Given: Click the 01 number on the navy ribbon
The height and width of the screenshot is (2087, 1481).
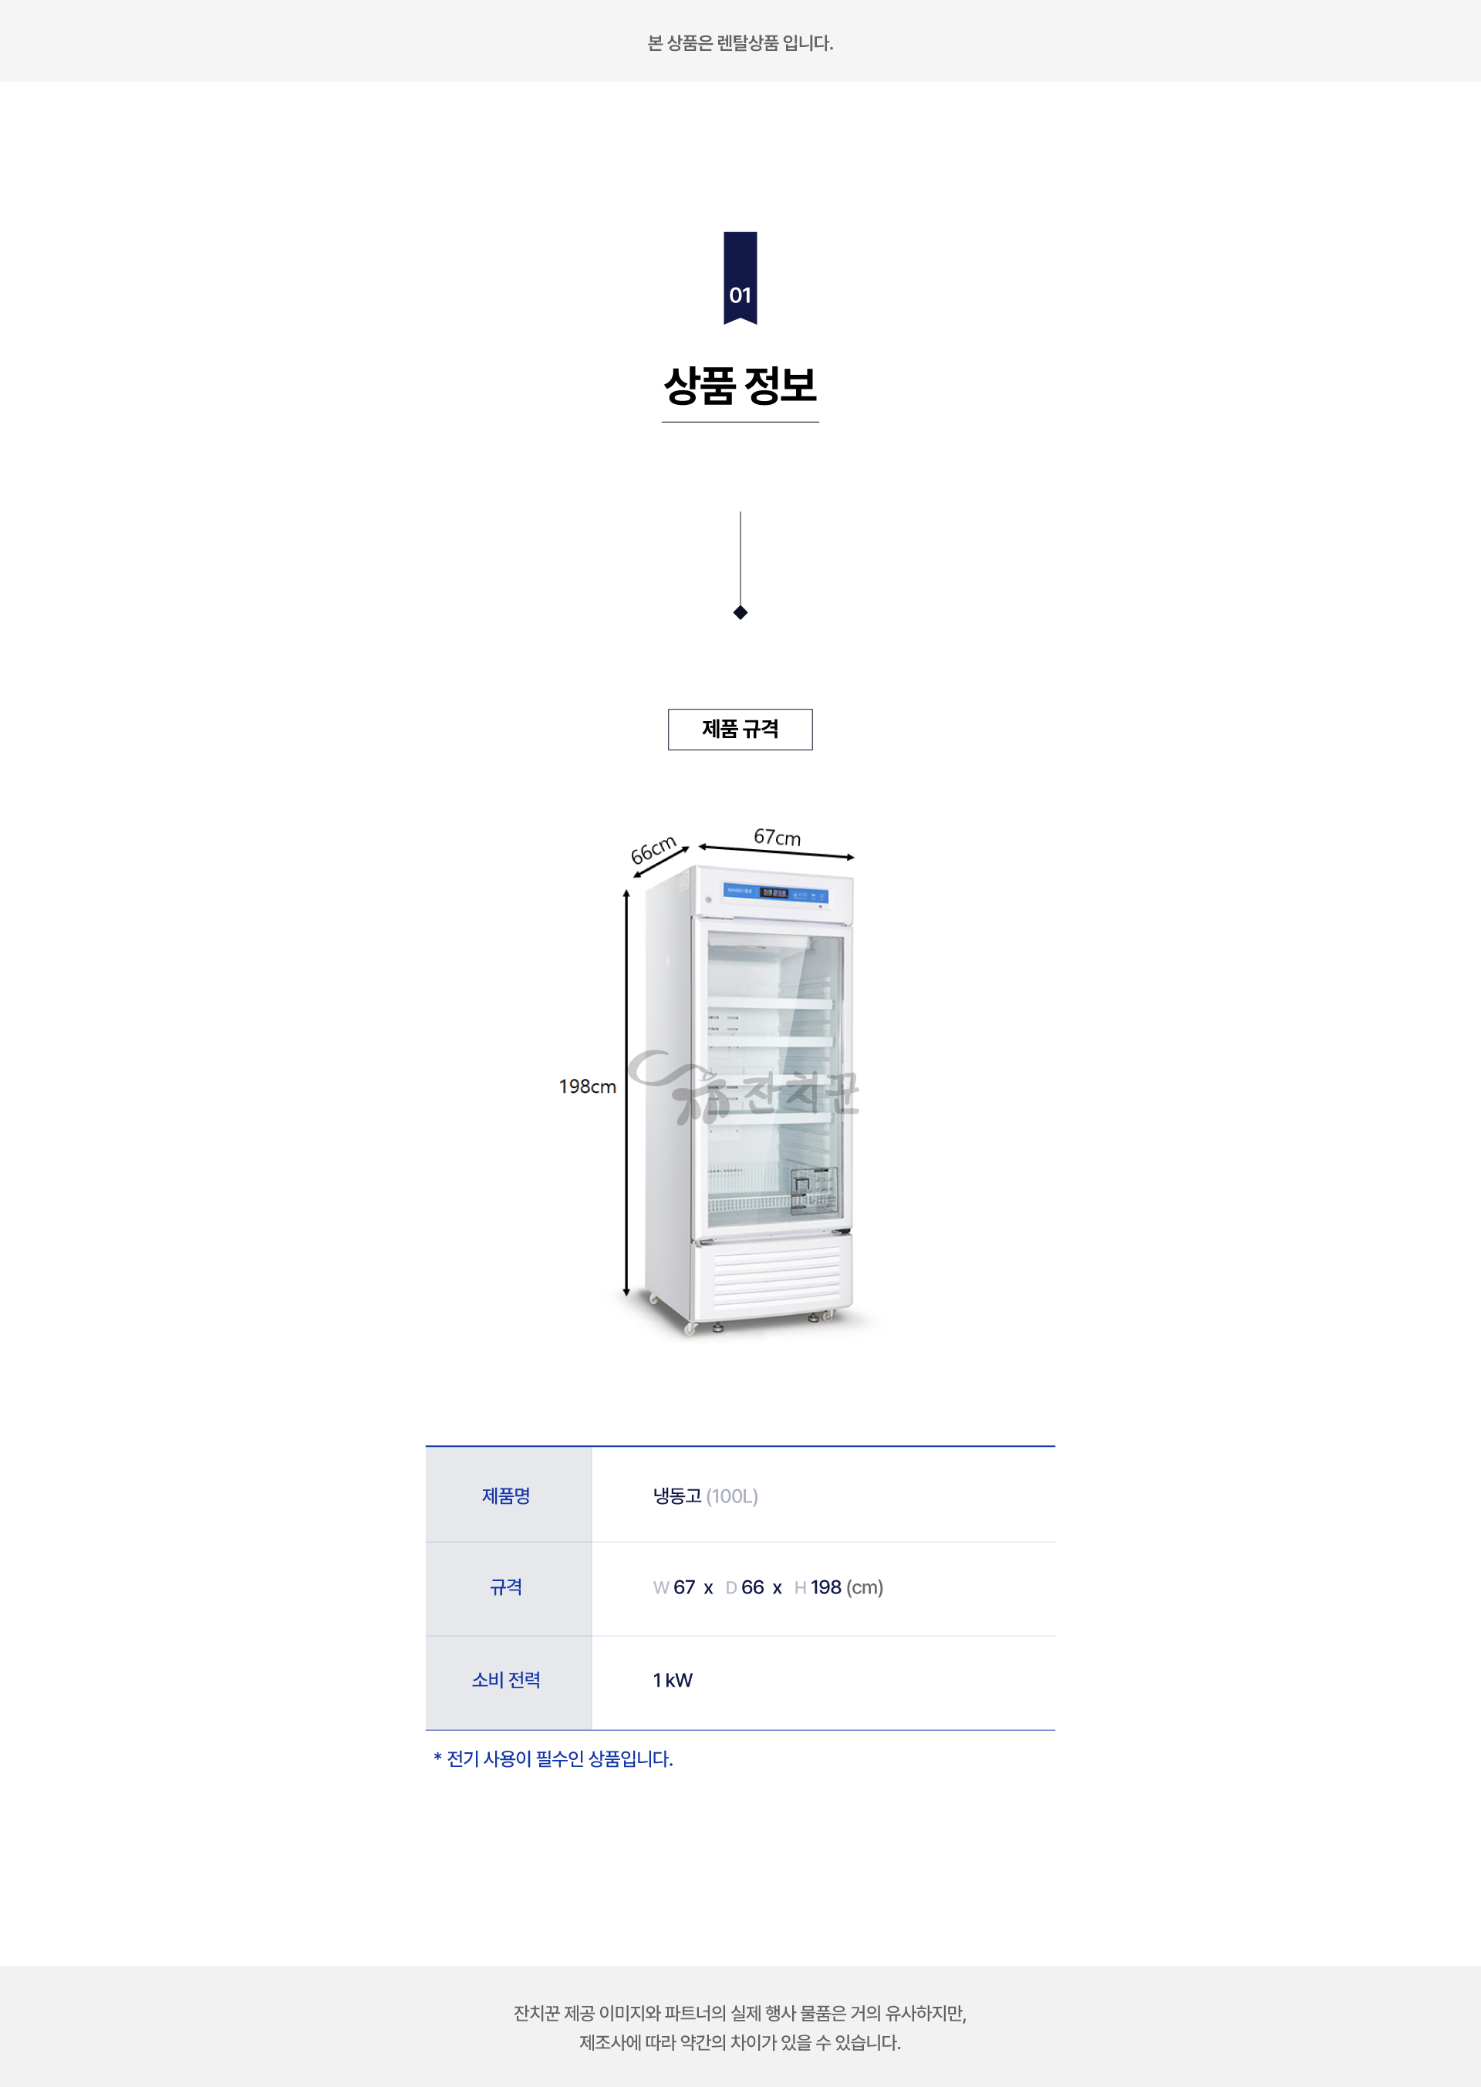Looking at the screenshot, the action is coord(740,295).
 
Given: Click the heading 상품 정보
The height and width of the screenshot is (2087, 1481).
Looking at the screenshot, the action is coord(740,386).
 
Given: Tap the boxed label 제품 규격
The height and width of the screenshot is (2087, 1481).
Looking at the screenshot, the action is coord(740,730).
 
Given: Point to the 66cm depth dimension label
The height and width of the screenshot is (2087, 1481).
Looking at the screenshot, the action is coord(653,849).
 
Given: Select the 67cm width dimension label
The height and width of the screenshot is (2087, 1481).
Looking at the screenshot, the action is coord(777,837).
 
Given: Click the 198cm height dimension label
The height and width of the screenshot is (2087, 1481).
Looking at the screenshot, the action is coord(587,1087).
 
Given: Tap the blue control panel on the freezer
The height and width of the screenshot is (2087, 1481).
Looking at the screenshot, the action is coord(775,892).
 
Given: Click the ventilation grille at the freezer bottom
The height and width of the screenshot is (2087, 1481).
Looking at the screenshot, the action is coord(776,1277).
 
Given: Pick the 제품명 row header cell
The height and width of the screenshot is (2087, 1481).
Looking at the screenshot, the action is coord(506,1496).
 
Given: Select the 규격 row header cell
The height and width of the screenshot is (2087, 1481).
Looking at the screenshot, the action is coord(506,1587).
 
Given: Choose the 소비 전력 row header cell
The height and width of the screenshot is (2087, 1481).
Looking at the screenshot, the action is coord(506,1681).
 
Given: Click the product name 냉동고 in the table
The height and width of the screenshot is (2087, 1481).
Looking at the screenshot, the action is coord(676,1496).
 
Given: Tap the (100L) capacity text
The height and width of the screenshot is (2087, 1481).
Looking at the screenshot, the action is coord(732,1496).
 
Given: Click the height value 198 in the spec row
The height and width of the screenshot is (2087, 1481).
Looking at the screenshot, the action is coord(825,1587).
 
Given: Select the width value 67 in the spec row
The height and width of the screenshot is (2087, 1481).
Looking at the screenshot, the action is coord(684,1587).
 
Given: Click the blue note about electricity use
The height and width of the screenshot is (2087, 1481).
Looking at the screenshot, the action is coord(554,1758).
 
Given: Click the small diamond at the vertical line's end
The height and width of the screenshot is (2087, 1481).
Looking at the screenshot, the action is coord(740,612).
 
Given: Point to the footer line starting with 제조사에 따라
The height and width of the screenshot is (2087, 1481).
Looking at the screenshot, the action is coord(740,2042).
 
